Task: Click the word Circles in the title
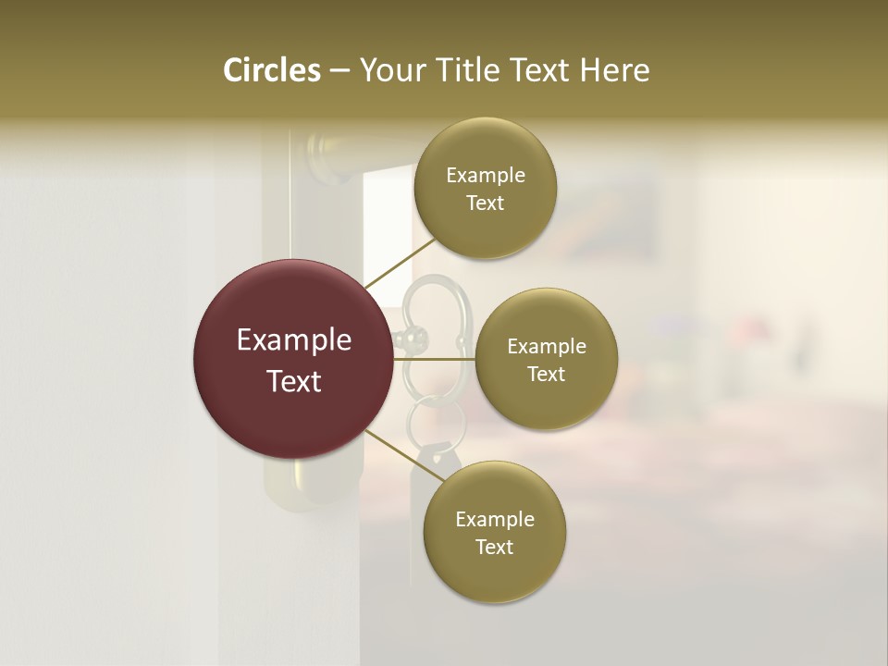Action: click(271, 70)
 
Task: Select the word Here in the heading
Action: click(614, 70)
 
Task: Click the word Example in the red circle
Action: click(294, 340)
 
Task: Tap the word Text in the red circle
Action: click(294, 381)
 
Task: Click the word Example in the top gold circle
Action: click(485, 176)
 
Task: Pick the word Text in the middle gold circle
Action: click(546, 375)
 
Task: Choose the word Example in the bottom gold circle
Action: click(494, 520)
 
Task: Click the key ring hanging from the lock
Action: click(426, 421)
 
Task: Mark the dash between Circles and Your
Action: click(339, 71)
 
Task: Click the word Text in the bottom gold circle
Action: click(494, 548)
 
